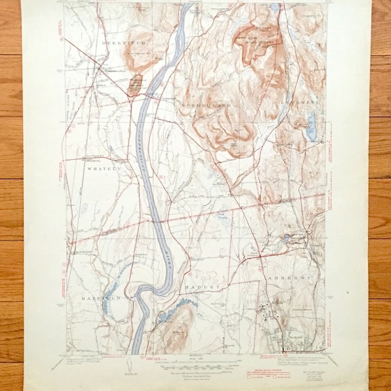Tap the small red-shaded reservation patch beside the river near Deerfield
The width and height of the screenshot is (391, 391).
click(x=135, y=84)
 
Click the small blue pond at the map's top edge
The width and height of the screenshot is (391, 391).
click(x=276, y=8)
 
